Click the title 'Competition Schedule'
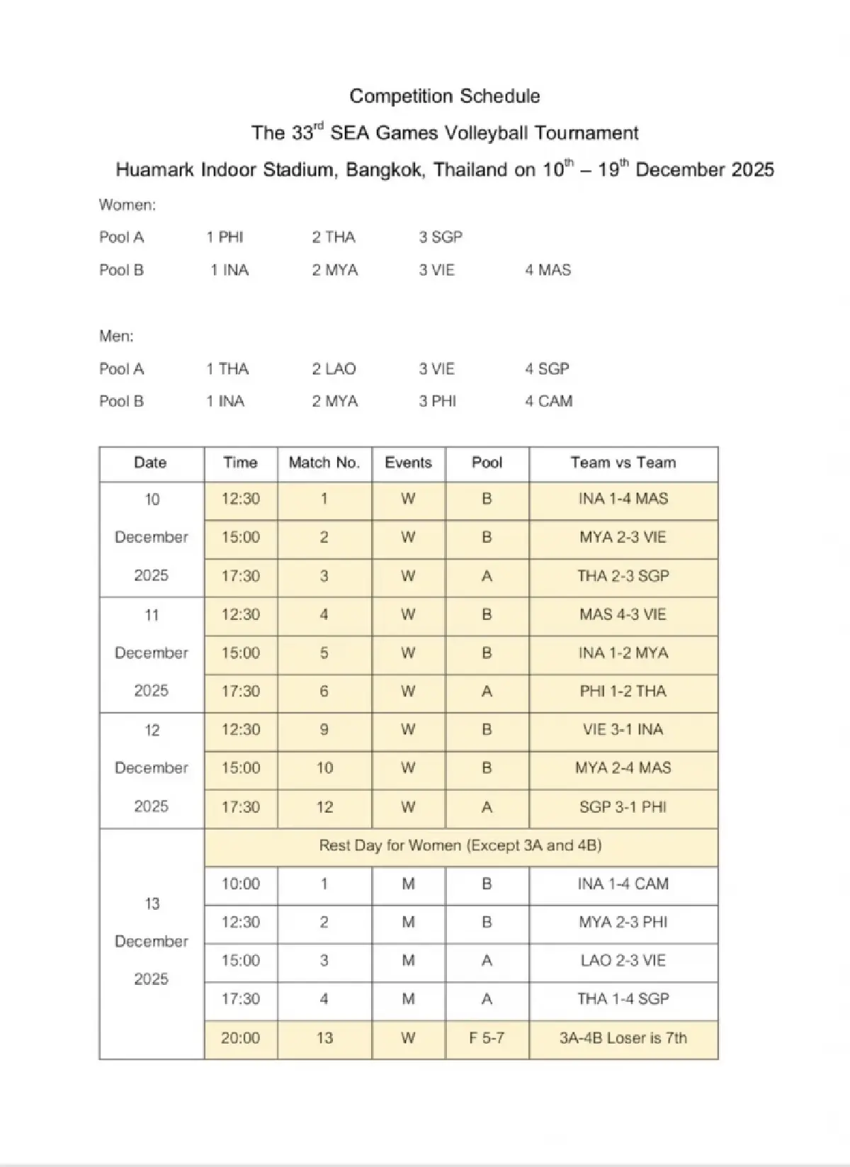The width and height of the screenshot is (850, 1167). coord(445,96)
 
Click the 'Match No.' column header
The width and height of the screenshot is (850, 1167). coord(324,463)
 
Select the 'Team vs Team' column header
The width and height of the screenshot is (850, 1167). coord(623,463)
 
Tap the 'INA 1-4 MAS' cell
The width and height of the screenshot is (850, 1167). coord(623,499)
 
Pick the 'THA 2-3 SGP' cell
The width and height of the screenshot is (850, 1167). coord(623,576)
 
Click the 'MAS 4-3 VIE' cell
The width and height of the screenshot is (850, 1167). coord(623,614)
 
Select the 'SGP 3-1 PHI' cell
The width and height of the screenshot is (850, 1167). coord(623,807)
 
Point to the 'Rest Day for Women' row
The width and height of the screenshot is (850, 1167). coord(460,845)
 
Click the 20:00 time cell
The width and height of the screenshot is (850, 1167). coord(240,1038)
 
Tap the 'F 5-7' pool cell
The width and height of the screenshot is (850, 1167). coord(487,1038)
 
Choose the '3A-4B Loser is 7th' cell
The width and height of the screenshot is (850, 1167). coord(623,1038)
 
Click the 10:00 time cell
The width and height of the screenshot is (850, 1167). coord(240,884)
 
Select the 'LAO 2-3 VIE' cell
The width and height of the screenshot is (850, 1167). coord(623,961)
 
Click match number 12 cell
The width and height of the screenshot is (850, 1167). coord(324,807)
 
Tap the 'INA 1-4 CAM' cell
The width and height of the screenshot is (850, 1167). coord(623,884)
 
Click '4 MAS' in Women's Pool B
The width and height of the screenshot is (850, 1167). coord(548,270)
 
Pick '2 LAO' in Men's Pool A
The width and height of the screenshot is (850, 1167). coord(334,369)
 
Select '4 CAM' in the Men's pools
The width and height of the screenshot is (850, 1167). coord(548,402)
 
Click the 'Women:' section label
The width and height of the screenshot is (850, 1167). coord(127,205)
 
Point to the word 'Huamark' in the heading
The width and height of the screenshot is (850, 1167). coord(154,171)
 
